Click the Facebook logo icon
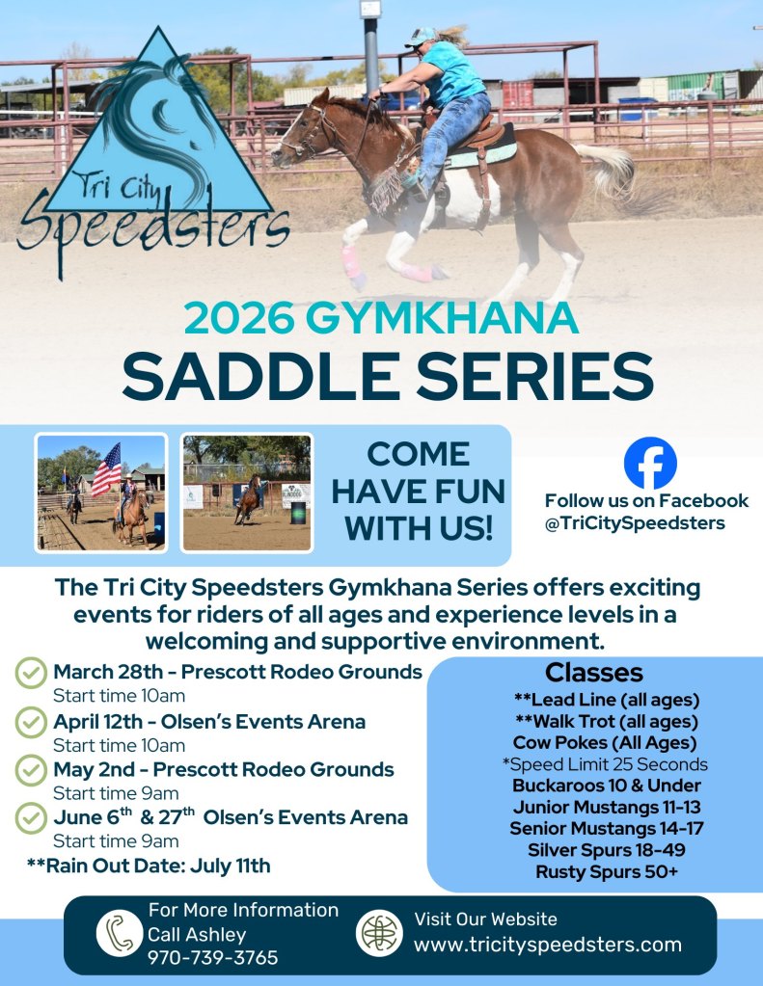pyautogui.click(x=650, y=463)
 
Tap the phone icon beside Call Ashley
pyautogui.click(x=119, y=933)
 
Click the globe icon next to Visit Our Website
pyautogui.click(x=379, y=933)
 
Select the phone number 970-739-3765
pyautogui.click(x=213, y=958)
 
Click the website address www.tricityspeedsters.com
pyautogui.click(x=548, y=945)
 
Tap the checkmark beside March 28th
pyautogui.click(x=31, y=673)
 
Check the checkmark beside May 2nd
pyautogui.click(x=31, y=770)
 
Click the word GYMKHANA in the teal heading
pyautogui.click(x=442, y=318)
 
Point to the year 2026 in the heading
pyautogui.click(x=239, y=318)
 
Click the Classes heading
pyautogui.click(x=594, y=672)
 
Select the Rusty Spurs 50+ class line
pyautogui.click(x=607, y=872)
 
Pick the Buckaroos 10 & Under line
pyautogui.click(x=607, y=786)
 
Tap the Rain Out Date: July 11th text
pyautogui.click(x=149, y=866)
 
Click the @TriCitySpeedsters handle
pyautogui.click(x=636, y=523)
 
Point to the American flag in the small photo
pyautogui.click(x=106, y=469)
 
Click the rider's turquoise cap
pyautogui.click(x=421, y=37)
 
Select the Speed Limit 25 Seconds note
pyautogui.click(x=605, y=764)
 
